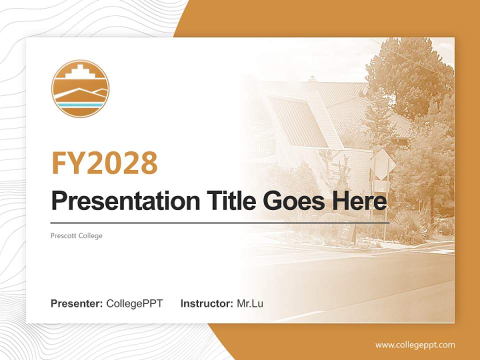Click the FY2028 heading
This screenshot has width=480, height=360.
104,162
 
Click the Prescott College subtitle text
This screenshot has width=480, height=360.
76,235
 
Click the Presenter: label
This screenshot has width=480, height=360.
77,303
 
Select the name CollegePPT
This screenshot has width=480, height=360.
134,303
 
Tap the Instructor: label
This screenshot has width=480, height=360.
206,303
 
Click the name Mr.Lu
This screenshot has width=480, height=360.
250,303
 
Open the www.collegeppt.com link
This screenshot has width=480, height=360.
415,345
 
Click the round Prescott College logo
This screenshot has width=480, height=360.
80,88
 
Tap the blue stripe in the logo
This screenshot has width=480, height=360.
80,105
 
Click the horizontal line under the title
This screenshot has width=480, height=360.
220,222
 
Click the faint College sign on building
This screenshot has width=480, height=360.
261,149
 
